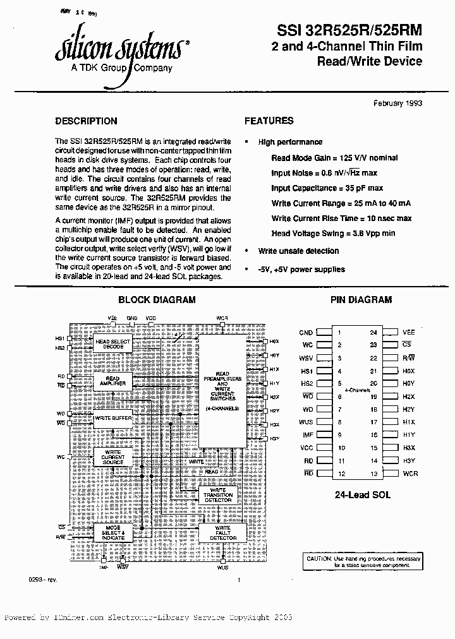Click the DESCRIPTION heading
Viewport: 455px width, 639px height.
coord(86,121)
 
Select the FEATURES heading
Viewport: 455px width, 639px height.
coord(269,121)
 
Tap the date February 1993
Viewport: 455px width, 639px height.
coord(397,104)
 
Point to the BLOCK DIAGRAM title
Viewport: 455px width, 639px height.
coord(157,300)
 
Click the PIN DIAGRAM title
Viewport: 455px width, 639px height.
coord(361,300)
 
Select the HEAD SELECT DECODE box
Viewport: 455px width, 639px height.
coord(112,344)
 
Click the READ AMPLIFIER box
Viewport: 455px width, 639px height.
coord(112,381)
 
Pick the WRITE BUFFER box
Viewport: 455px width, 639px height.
coord(112,418)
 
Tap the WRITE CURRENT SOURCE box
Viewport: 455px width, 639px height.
coord(112,457)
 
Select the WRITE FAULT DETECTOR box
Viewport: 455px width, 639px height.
coord(222,533)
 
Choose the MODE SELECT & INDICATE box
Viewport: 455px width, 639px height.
coord(112,534)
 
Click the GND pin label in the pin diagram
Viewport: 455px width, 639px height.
coord(306,332)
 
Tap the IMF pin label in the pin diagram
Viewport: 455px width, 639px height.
coord(306,434)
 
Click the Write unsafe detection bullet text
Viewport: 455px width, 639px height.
coord(298,251)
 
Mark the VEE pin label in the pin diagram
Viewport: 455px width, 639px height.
coord(408,332)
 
